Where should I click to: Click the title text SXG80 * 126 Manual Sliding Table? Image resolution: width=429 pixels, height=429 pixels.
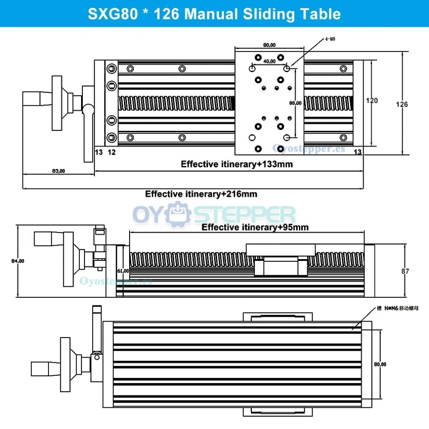(x=214, y=13)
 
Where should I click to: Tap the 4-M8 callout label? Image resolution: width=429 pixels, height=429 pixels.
(x=330, y=39)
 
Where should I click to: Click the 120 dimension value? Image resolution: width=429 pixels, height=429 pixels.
(x=372, y=101)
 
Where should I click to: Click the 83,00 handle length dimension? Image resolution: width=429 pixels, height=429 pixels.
(x=58, y=171)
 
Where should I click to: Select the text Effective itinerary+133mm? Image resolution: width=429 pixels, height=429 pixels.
(x=237, y=164)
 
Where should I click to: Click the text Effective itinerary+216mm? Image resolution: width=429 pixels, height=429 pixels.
(x=201, y=194)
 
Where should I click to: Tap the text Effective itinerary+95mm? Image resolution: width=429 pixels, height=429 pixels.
(x=255, y=227)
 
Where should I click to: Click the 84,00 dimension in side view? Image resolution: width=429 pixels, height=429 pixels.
(x=18, y=261)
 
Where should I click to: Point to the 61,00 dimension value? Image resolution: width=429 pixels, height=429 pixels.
(x=123, y=271)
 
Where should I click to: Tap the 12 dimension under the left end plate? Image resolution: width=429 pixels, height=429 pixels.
(x=111, y=152)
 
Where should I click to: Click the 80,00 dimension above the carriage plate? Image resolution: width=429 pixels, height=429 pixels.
(x=270, y=45)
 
